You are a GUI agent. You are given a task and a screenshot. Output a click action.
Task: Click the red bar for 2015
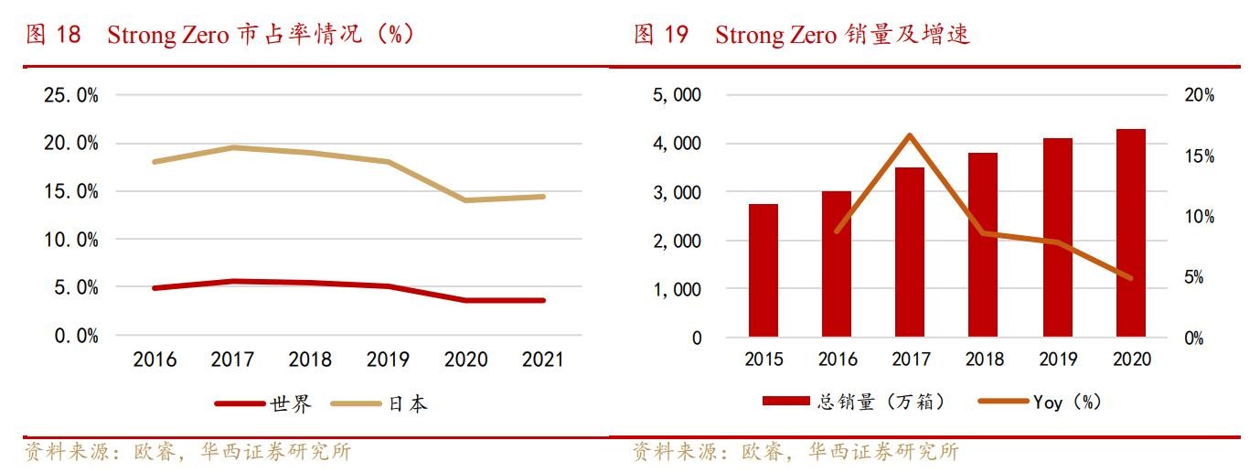763,270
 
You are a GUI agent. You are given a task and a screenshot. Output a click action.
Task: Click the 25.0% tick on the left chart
71,95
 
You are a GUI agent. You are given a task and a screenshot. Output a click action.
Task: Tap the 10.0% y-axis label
71,240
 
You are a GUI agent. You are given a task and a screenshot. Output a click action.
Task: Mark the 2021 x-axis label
543,359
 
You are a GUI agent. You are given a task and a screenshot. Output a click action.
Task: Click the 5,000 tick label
677,95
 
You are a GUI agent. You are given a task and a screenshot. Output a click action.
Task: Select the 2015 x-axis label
763,359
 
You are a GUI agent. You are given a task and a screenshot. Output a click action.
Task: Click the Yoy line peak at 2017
910,135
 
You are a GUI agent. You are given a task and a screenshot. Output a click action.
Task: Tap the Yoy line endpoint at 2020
1131,277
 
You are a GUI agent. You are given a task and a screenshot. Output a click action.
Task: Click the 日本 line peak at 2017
232,147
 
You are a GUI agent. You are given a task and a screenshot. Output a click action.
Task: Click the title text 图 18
53,35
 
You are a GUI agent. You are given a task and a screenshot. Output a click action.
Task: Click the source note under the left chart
187,452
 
